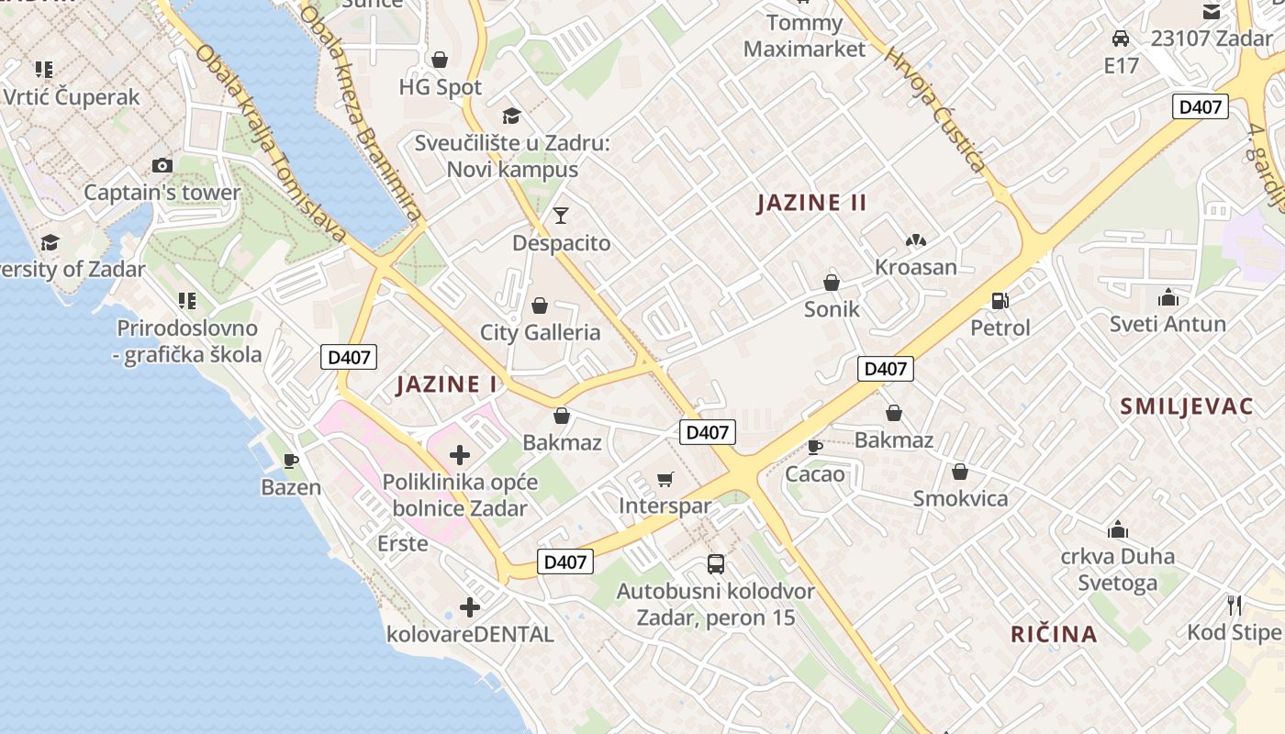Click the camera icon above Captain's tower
[162, 166]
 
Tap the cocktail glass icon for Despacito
[561, 216]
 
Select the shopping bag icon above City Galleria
[540, 306]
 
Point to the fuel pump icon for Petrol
[1000, 300]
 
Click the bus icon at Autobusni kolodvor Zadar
[716, 564]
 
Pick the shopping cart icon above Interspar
[665, 479]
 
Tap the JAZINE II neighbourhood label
[811, 203]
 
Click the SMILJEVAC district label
[1186, 407]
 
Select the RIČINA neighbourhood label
[1054, 634]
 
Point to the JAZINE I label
[447, 384]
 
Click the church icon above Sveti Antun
[1168, 297]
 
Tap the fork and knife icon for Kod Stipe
[1235, 606]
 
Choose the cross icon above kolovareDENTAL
[470, 607]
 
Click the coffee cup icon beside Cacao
[814, 447]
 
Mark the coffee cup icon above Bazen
[291, 461]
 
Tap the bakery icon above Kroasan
[915, 240]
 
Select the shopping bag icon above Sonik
[832, 283]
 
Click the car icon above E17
[1121, 39]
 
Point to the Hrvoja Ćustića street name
[934, 110]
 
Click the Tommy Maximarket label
[804, 36]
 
